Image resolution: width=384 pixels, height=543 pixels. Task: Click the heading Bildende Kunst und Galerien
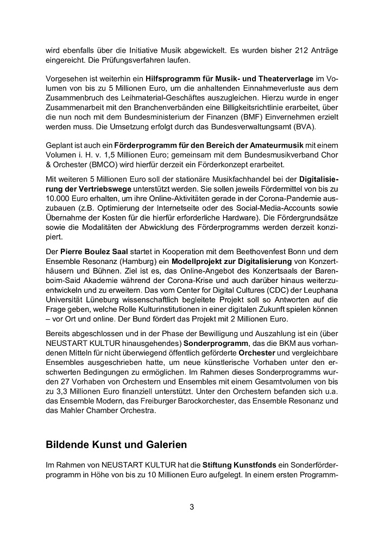point(116,445)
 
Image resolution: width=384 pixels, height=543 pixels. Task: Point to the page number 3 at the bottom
point(191,508)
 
